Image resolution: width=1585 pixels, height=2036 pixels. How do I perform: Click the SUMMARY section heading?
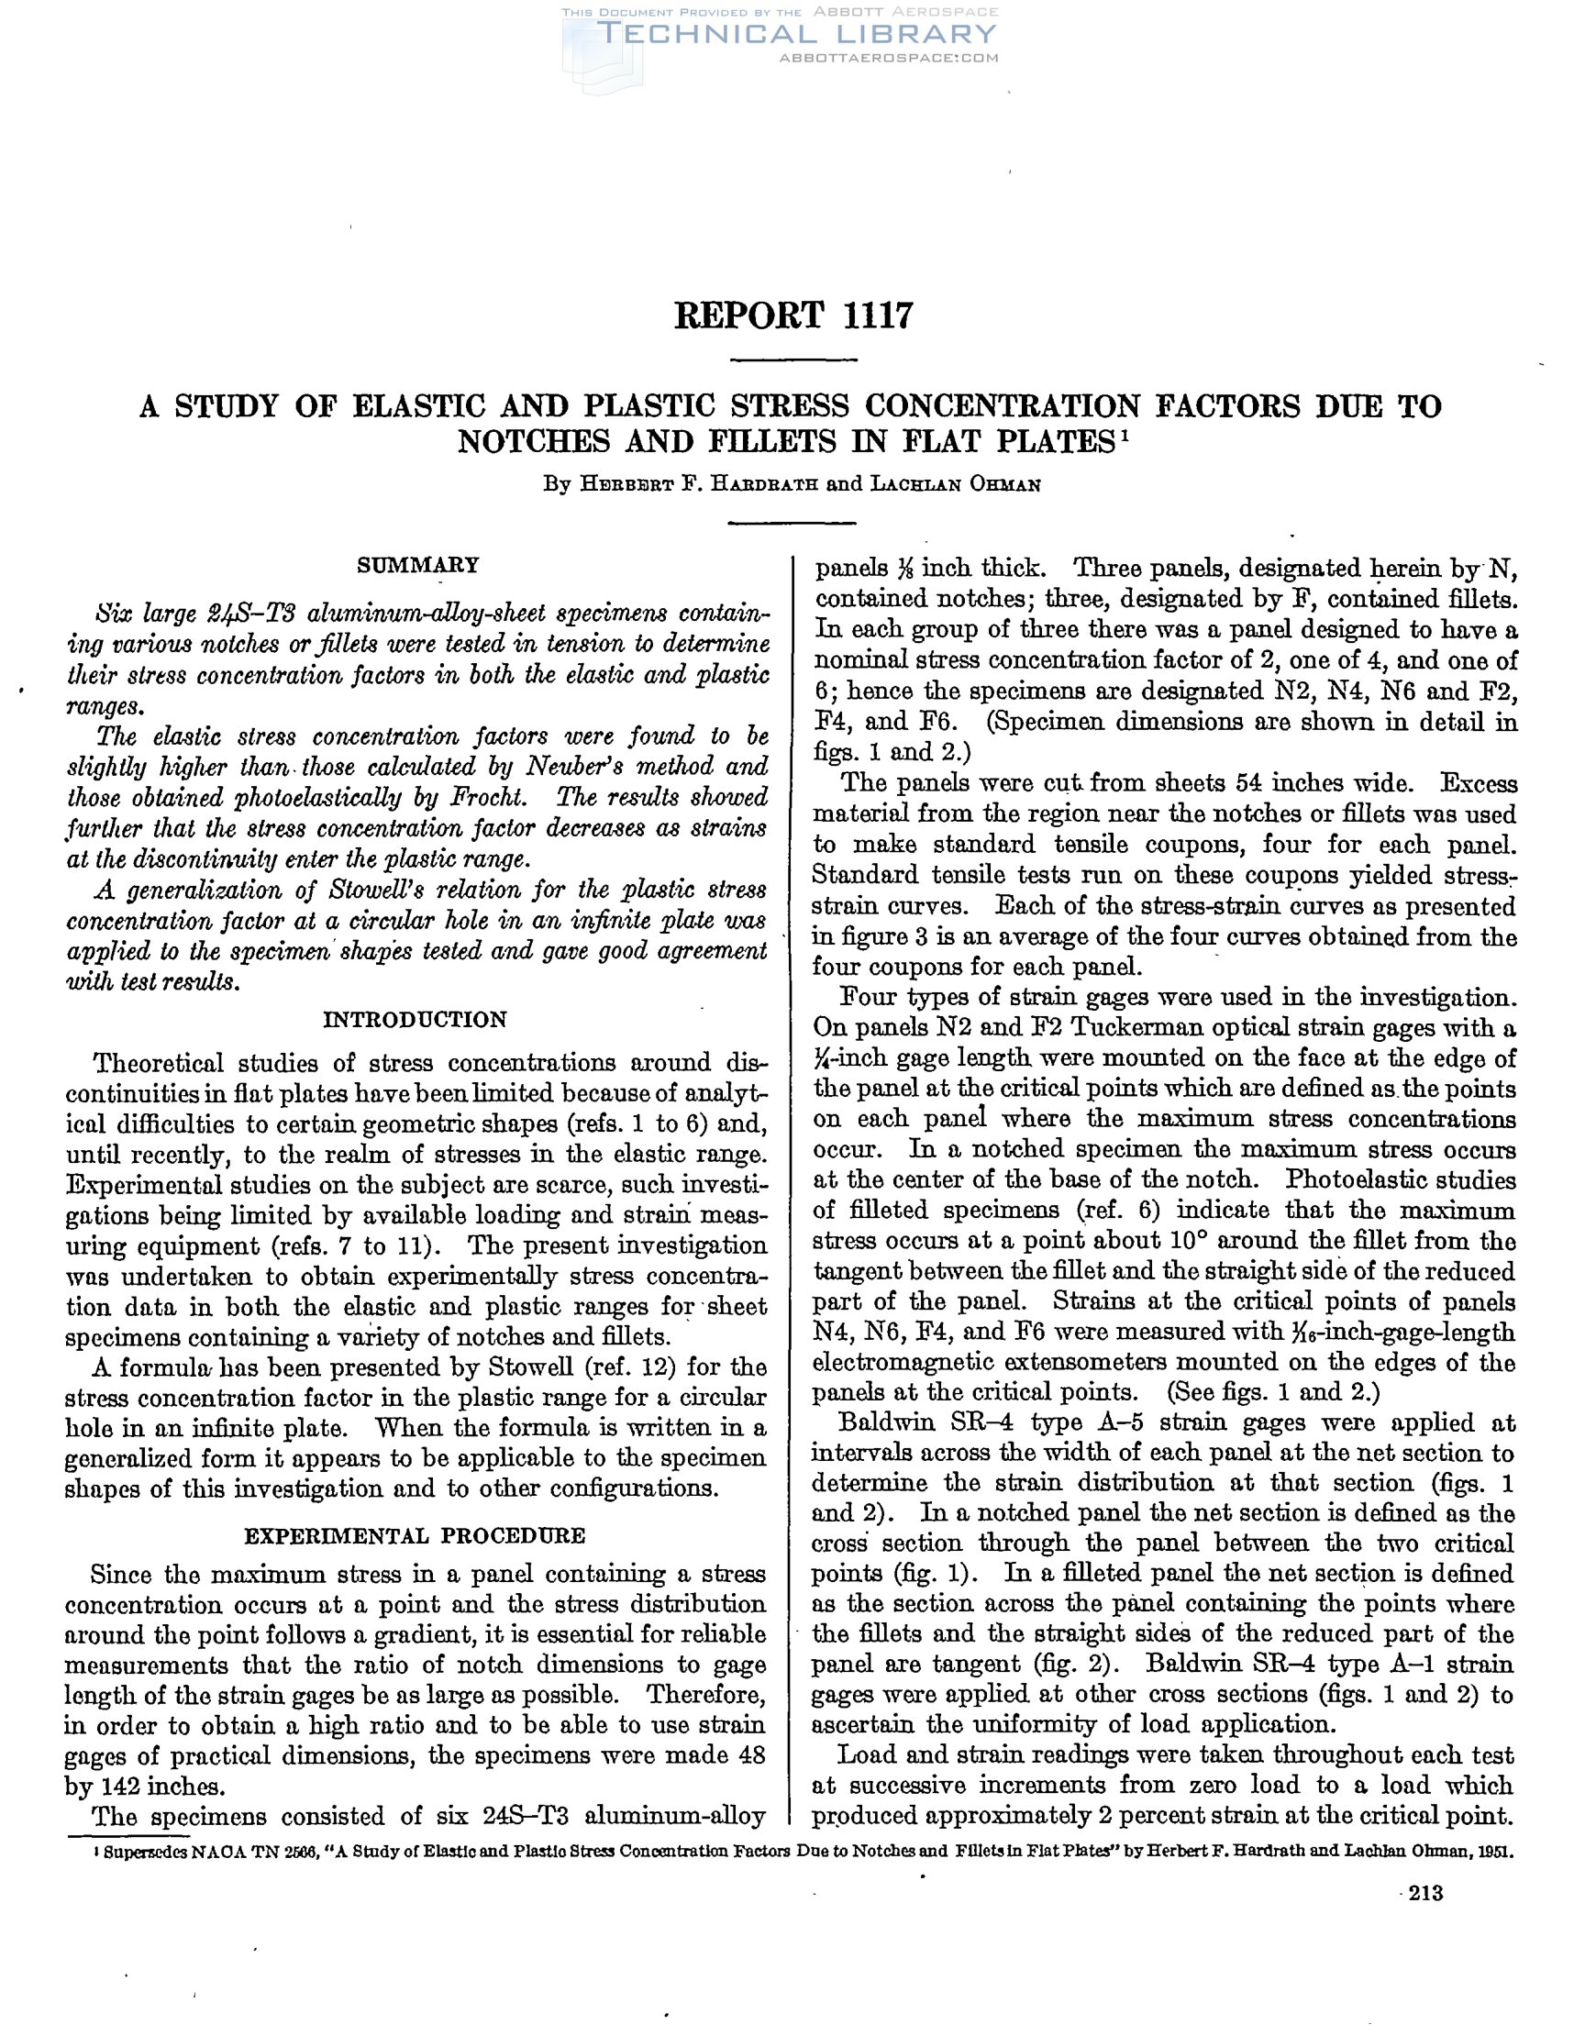point(418,564)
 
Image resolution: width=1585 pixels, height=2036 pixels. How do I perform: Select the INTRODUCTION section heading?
point(415,1019)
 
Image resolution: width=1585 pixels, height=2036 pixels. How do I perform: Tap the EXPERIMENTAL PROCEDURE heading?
point(415,1535)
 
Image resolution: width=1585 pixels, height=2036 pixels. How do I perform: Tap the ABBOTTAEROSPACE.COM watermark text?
point(888,58)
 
